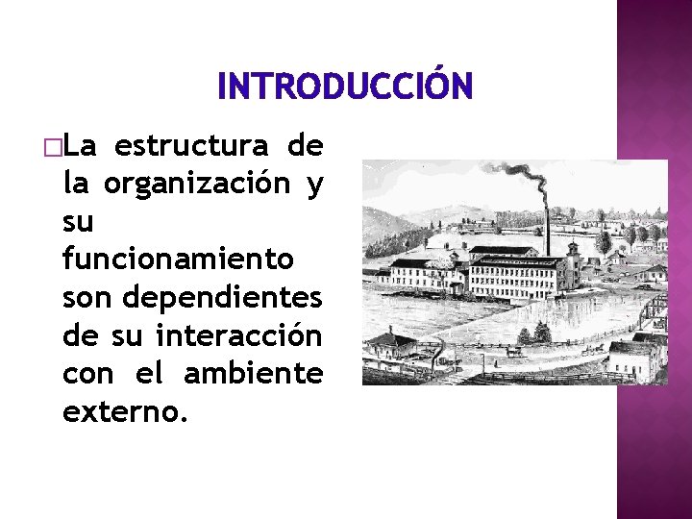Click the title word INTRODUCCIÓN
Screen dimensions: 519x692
click(x=345, y=87)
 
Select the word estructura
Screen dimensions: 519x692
click(x=190, y=146)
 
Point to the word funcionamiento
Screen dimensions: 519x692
click(x=178, y=259)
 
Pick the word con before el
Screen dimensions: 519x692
click(x=87, y=372)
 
